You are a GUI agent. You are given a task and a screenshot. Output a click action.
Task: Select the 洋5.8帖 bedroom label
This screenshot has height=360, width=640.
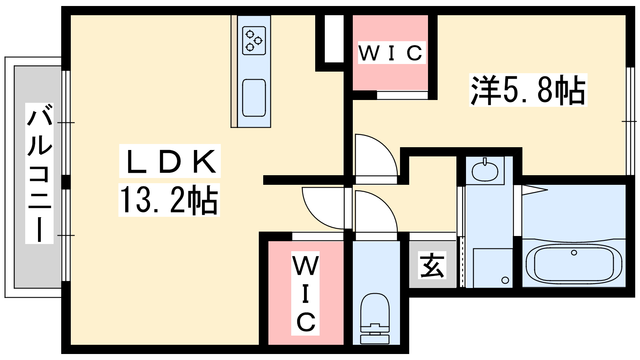pos(528,90)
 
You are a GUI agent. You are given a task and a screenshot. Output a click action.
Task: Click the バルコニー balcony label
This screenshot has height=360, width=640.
pos(39,173)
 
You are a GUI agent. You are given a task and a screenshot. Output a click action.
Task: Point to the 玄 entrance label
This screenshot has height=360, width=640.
pos(432,265)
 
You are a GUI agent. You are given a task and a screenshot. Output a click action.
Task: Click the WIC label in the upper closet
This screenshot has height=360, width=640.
pos(390,53)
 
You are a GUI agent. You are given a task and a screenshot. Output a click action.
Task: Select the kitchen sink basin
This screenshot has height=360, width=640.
pos(254,98)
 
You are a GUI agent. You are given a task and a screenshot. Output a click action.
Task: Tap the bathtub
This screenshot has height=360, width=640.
pos(574,264)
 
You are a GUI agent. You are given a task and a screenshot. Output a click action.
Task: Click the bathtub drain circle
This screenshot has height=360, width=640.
pos(574,253)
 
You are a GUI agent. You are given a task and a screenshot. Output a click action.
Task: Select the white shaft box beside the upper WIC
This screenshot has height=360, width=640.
pos(334,39)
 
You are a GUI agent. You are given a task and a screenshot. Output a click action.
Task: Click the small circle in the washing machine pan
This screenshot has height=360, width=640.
pos(505,280)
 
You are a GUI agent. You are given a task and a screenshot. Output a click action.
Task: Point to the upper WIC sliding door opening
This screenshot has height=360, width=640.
pos(402,95)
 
